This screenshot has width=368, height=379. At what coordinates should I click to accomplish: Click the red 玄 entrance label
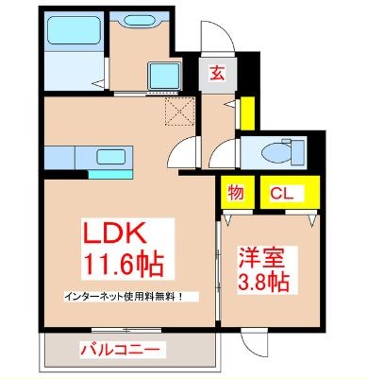point(215,71)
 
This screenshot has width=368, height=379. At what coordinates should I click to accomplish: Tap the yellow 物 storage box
point(236,194)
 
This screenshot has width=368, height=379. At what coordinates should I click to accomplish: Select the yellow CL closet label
point(280,194)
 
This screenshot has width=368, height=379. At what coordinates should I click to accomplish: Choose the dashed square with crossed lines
point(176,112)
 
